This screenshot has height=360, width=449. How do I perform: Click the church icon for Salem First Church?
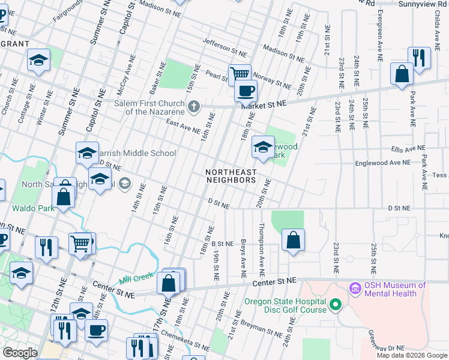(193, 107)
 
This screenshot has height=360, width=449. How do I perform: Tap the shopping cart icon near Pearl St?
(240, 74)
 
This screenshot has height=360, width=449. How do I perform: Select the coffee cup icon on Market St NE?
(245, 91)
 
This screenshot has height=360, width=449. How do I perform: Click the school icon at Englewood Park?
(263, 146)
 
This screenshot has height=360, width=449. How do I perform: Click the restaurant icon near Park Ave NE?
(419, 58)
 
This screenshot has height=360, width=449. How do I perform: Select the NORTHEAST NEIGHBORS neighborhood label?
(231, 175)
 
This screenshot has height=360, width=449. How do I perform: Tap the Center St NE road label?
(274, 281)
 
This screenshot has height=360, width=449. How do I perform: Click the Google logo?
(20, 352)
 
